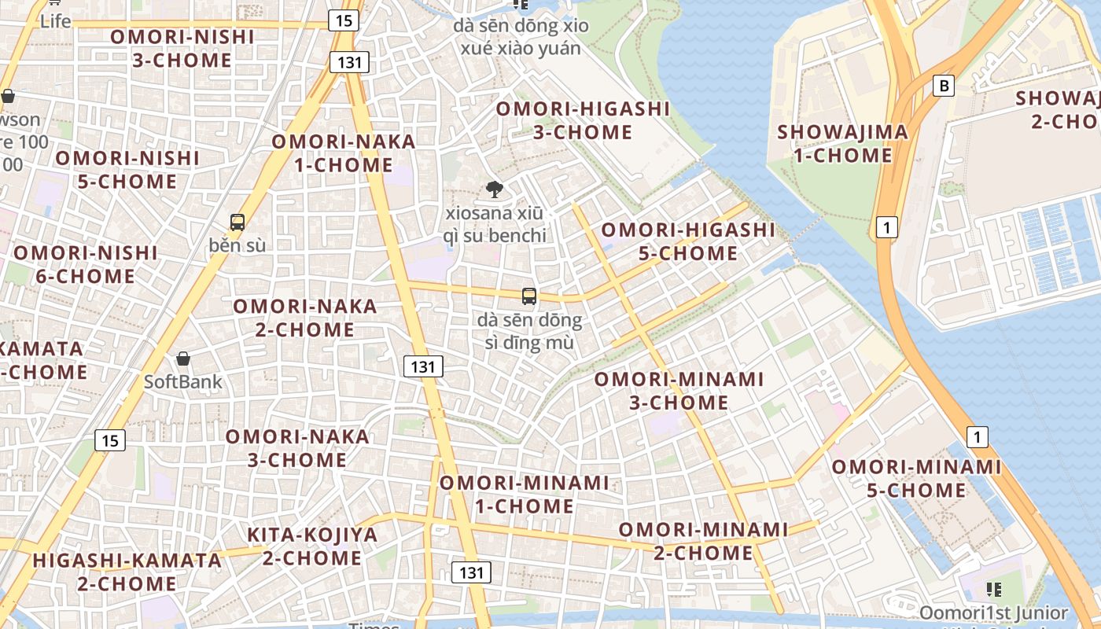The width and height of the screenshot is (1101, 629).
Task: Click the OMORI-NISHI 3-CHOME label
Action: click(x=182, y=49)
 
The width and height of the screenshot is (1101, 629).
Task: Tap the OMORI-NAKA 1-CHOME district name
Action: click(x=344, y=153)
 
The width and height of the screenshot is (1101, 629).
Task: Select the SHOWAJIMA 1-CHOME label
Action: click(x=842, y=144)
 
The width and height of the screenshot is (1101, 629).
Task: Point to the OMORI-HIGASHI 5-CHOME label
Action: click(x=688, y=241)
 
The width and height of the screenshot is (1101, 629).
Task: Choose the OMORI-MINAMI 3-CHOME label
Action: click(x=679, y=391)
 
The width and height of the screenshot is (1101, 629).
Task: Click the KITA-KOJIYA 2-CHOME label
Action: click(x=312, y=546)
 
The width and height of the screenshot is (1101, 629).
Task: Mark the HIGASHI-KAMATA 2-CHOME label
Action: click(x=127, y=572)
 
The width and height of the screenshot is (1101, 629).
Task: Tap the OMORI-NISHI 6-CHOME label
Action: click(x=86, y=265)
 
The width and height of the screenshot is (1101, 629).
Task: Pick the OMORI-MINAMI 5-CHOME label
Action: click(x=916, y=479)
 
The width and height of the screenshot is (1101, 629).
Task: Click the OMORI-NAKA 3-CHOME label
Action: click(x=297, y=448)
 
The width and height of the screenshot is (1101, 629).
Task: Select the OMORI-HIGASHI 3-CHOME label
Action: click(x=583, y=120)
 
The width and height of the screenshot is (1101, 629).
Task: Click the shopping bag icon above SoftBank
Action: click(x=183, y=359)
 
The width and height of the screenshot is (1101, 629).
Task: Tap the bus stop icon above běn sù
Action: click(x=238, y=223)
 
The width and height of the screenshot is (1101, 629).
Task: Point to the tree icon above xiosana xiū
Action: click(x=495, y=189)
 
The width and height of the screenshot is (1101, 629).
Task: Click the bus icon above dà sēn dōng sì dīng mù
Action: click(x=529, y=296)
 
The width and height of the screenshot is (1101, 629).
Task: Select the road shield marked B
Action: click(x=944, y=86)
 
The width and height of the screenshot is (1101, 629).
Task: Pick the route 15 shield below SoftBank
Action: click(x=110, y=440)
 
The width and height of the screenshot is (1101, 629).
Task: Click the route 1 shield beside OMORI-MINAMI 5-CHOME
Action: click(x=977, y=436)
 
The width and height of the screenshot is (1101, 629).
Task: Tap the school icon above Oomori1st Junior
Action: click(x=993, y=589)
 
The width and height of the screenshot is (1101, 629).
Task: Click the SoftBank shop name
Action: click(x=182, y=382)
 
